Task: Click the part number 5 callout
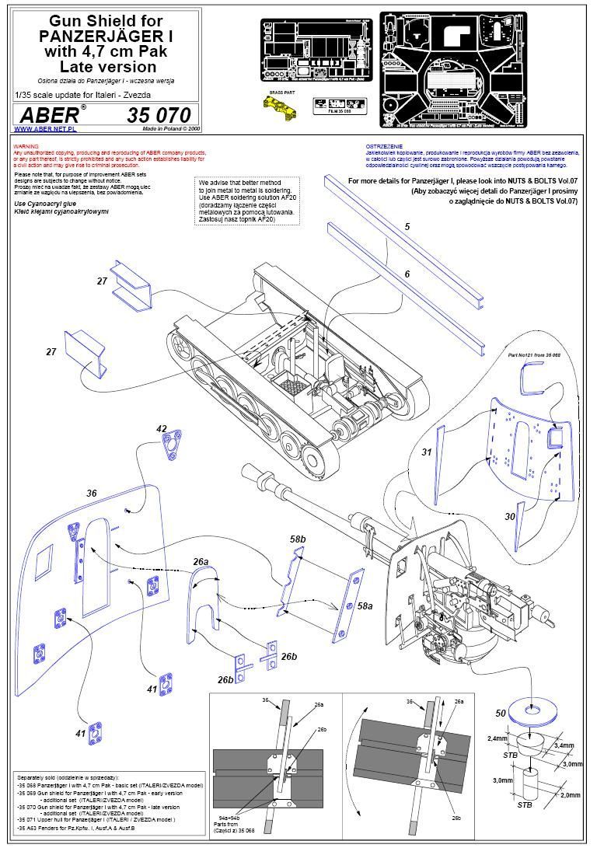coord(406,227)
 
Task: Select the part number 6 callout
coord(406,274)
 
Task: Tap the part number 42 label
coord(162,428)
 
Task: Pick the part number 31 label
coord(426,452)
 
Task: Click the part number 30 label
coord(510,516)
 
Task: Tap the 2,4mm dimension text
coord(497,738)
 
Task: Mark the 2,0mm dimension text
coord(570,795)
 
